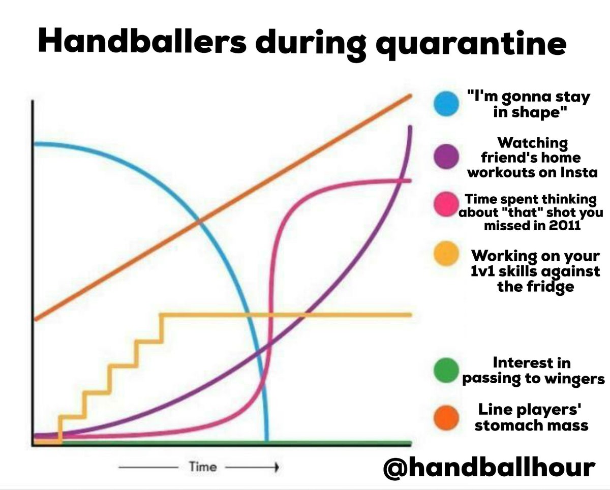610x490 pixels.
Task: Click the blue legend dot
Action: pyautogui.click(x=446, y=104)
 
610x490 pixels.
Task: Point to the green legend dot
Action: pyautogui.click(x=446, y=370)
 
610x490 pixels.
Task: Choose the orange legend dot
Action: pyautogui.click(x=446, y=417)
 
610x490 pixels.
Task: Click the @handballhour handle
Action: pyautogui.click(x=488, y=467)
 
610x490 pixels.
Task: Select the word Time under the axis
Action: pyautogui.click(x=202, y=467)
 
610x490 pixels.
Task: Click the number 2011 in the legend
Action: pyautogui.click(x=563, y=225)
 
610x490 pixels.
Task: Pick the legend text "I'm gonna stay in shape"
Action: pyautogui.click(x=529, y=104)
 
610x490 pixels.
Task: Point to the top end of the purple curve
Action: pyautogui.click(x=409, y=127)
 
